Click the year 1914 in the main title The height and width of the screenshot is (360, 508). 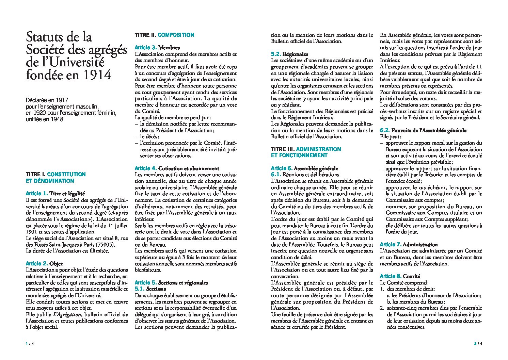(x=97, y=74)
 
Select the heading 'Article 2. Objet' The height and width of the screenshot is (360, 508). (x=44, y=263)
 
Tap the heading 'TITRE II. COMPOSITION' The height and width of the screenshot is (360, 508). (x=164, y=35)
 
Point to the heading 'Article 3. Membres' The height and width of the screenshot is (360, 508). (x=157, y=48)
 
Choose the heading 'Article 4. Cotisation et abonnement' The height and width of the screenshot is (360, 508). (x=177, y=168)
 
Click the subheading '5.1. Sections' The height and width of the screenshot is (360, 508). (x=150, y=289)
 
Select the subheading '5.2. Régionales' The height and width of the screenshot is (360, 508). (x=289, y=54)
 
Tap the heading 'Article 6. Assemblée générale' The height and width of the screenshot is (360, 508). (x=304, y=168)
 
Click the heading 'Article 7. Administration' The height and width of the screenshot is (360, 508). (x=409, y=244)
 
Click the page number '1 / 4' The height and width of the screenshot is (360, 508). (x=30, y=344)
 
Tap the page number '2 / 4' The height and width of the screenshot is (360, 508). (x=478, y=344)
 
